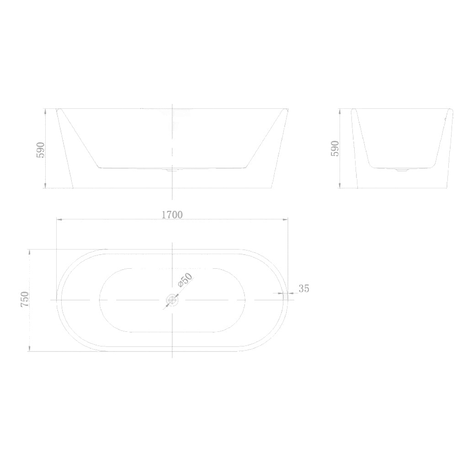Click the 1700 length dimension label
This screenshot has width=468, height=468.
click(x=172, y=214)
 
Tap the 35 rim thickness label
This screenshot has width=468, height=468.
click(x=304, y=288)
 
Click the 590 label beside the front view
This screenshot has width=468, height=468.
click(x=41, y=149)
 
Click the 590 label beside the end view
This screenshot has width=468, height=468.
click(x=335, y=149)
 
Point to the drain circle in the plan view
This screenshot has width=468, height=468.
click(x=172, y=300)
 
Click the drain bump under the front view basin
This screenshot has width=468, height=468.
click(x=172, y=170)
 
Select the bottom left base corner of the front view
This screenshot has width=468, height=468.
click(x=73, y=187)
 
